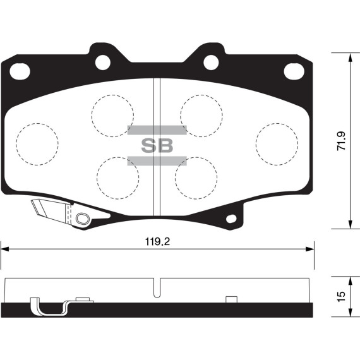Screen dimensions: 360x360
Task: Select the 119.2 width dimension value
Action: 157,242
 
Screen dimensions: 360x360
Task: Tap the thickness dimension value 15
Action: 342,296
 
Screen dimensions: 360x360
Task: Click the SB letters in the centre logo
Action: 157,145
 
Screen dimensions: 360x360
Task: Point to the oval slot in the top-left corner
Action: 20,71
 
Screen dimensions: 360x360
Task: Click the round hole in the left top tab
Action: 102,61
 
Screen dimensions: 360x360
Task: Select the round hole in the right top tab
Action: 211,61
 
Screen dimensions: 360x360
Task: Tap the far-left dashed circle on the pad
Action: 37,144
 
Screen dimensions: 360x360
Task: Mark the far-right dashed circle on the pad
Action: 277,143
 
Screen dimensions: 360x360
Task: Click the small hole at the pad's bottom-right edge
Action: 231,219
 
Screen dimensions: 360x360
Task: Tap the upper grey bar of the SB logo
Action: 157,130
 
